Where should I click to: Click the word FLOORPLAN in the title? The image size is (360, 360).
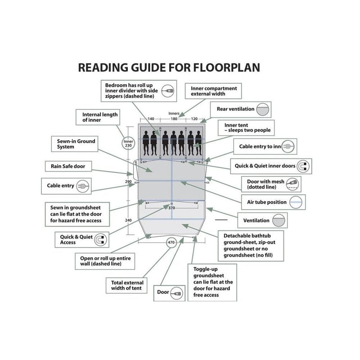point(226,67)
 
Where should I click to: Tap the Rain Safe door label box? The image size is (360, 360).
point(68,166)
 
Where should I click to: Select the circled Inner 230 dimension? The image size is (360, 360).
point(128,143)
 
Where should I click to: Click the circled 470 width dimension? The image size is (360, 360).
point(171,242)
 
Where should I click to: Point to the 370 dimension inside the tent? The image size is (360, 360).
point(171,208)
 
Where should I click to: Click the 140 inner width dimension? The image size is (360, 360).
point(151,119)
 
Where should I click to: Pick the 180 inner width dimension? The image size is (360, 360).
point(174,119)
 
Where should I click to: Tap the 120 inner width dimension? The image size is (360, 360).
point(194,119)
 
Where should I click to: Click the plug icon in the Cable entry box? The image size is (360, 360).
point(83,186)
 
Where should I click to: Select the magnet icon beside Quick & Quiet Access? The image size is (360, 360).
point(100,240)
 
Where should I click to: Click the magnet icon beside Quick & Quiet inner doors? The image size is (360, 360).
point(303,166)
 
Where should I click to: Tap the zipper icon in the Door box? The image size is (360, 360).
point(177,293)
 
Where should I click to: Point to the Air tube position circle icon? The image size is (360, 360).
point(296,202)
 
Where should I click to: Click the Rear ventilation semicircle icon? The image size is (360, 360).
point(262,109)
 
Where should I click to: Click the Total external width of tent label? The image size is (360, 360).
point(126,285)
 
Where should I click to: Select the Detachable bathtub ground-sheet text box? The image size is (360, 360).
point(251,246)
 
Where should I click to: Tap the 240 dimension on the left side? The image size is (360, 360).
point(128,220)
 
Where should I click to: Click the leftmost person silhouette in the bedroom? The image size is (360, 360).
point(146,143)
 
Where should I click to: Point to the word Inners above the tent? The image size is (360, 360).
point(174,113)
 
